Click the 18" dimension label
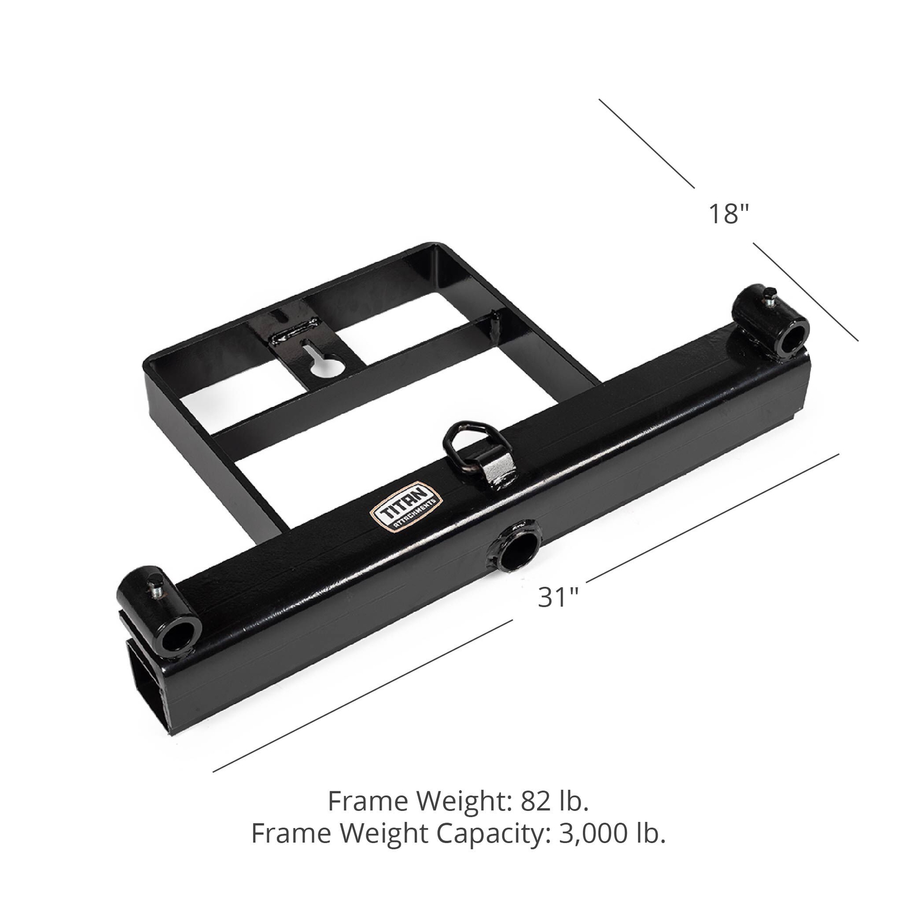(x=728, y=214)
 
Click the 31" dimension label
(x=558, y=597)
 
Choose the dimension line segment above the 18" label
(x=646, y=143)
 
